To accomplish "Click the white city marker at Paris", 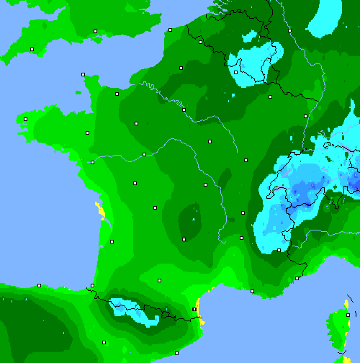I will [184, 109].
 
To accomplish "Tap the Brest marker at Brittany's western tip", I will [25, 120].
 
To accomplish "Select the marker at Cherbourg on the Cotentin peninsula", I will [84, 74].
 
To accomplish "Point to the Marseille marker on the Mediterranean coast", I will [252, 291].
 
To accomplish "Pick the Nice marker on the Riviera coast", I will [297, 278].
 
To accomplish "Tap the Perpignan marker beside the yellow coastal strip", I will [194, 309].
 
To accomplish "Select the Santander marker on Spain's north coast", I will [40, 285].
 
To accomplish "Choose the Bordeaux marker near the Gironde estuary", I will [112, 241].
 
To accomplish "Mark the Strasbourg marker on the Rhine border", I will [306, 115].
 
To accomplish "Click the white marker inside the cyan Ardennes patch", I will [235, 72].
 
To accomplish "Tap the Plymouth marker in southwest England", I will [32, 49].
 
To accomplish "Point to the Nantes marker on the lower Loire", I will [92, 162].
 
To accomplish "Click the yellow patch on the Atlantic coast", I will [99, 210].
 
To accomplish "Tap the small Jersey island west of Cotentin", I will [77, 92].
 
